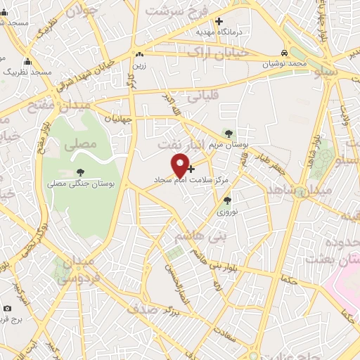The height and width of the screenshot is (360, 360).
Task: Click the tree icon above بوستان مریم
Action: tap(228, 133)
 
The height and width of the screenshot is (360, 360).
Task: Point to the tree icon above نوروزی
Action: tap(226, 200)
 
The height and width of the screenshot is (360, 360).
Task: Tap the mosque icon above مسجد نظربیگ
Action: tap(27, 61)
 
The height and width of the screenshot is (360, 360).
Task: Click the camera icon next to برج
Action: tap(7, 309)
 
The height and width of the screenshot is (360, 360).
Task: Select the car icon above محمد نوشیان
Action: tap(284, 53)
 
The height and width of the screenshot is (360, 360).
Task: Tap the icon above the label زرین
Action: tap(140, 54)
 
